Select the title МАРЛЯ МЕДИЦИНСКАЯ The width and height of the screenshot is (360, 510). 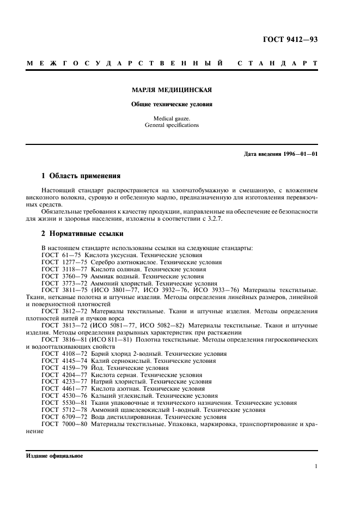172,90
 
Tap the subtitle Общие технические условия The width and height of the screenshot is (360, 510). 172,104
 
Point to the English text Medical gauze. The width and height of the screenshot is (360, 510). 172,118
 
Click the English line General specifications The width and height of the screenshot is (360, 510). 172,125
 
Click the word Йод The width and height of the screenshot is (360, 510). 99,368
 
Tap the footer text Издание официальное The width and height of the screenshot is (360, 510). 54,456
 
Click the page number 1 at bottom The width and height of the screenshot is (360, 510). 316,466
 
